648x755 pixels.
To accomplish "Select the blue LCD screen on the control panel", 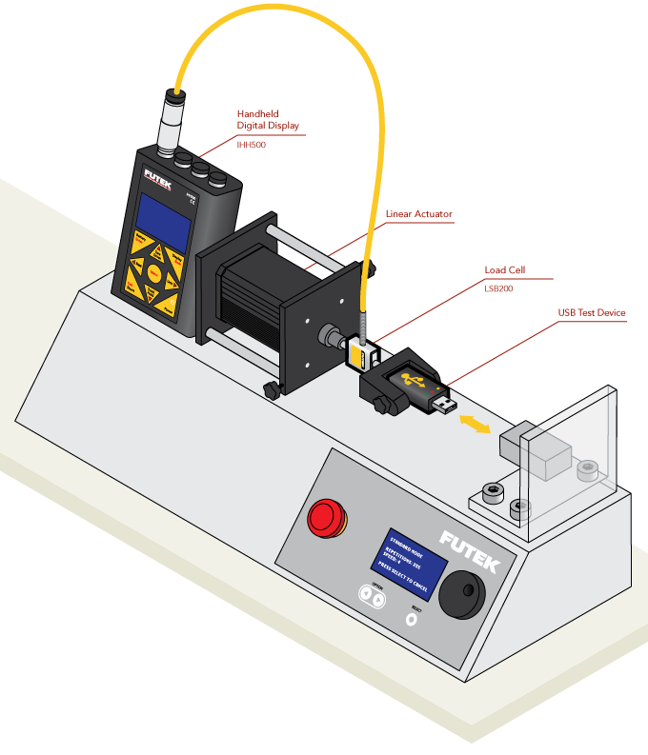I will [x=414, y=562].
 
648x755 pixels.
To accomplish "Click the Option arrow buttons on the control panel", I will [x=373, y=597].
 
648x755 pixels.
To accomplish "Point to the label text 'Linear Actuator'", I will [x=418, y=214].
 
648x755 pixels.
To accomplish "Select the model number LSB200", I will [x=498, y=288].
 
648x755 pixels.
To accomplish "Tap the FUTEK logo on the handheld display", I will [x=159, y=178].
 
